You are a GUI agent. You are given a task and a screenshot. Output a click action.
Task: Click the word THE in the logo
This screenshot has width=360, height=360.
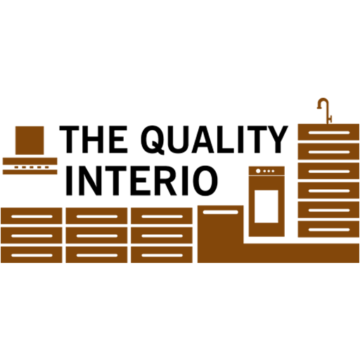point(94,139)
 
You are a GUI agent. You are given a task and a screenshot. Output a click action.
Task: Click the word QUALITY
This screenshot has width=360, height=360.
point(214,140)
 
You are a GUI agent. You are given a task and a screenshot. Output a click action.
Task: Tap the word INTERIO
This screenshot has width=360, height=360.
point(142,181)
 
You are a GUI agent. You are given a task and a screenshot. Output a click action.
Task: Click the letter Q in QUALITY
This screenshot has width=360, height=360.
point(153,140)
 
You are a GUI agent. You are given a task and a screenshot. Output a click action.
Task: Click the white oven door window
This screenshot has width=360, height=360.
point(266,206)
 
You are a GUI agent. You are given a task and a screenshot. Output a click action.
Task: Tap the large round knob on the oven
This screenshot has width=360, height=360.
point(258,171)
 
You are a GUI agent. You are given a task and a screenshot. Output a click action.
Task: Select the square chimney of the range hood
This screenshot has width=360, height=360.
point(30,141)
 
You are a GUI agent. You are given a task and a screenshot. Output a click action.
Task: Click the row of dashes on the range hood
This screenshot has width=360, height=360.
point(32,167)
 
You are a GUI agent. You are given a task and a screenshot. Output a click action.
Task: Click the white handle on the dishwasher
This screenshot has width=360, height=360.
point(220,212)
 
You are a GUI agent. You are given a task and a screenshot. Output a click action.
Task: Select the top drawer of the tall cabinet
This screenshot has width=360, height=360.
point(328,132)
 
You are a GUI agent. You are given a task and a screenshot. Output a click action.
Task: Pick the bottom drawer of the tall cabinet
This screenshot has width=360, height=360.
point(328,229)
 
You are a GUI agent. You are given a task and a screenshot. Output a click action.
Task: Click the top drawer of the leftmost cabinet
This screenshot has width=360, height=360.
point(32,216)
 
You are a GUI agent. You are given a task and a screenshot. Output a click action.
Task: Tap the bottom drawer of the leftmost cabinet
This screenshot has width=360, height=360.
point(32,255)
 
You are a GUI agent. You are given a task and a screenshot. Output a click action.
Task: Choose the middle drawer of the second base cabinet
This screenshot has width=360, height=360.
point(96,236)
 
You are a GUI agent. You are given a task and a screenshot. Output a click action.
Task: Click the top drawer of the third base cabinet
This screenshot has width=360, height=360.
point(162,216)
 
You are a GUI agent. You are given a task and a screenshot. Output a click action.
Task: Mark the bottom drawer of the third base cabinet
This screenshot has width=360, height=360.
point(162,255)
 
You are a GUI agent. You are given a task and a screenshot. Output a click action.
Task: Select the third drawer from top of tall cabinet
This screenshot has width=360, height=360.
point(328,171)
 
